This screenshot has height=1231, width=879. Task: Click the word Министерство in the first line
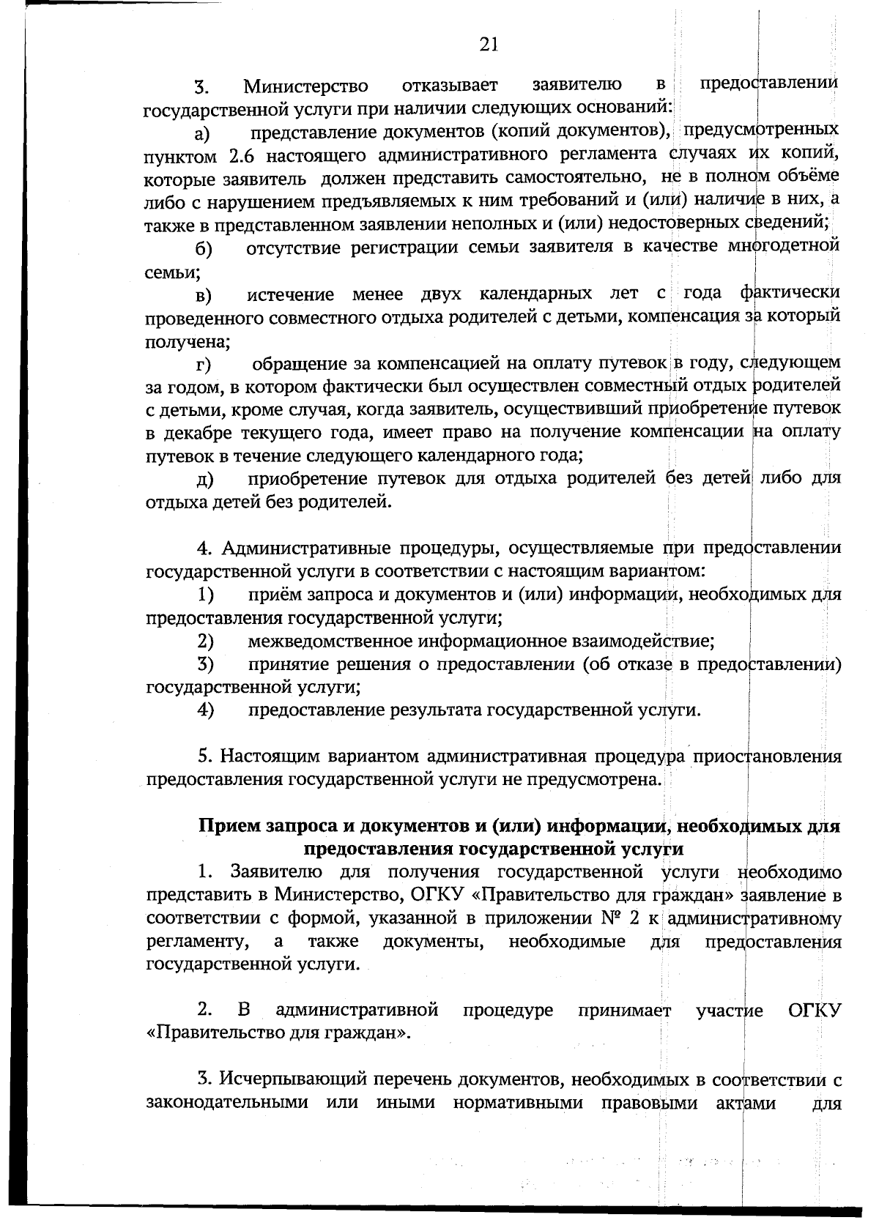point(306,88)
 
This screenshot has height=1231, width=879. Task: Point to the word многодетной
point(782,247)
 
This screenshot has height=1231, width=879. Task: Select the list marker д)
point(204,480)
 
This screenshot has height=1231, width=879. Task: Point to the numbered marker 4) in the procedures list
point(205,710)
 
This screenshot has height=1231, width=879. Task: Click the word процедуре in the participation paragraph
point(508,1011)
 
